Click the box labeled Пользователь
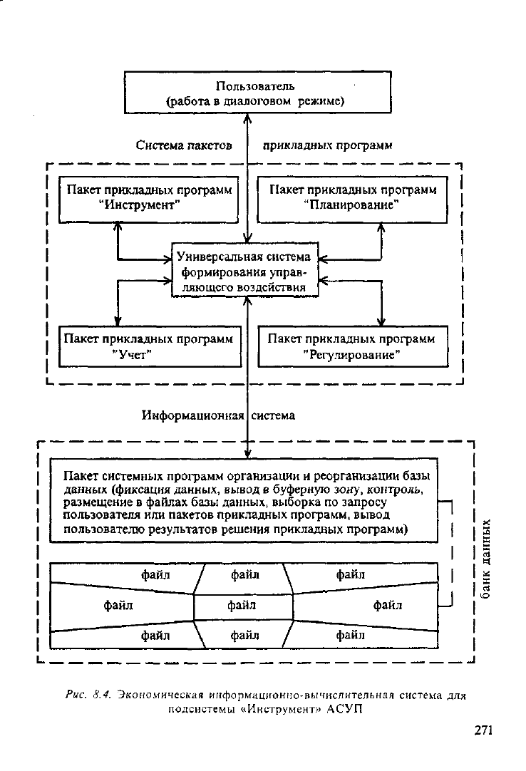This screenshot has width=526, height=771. (257, 92)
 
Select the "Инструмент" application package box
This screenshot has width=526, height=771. (148, 200)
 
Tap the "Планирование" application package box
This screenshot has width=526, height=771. (352, 200)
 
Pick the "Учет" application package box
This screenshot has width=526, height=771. (150, 346)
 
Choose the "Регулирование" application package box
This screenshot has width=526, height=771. (354, 346)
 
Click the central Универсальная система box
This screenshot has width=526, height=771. (244, 269)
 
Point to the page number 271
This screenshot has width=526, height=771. (483, 730)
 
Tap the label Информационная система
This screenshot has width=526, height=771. (219, 415)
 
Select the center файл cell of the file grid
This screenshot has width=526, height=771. (243, 606)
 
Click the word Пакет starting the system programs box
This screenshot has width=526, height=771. (81, 476)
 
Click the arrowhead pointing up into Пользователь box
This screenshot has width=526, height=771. (248, 118)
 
